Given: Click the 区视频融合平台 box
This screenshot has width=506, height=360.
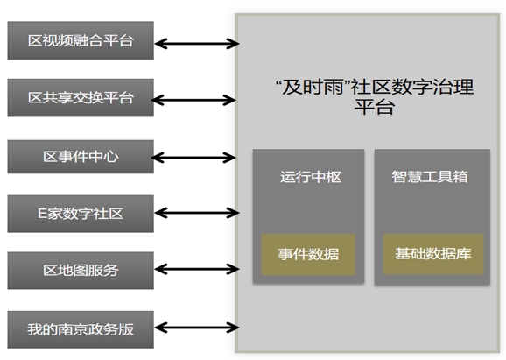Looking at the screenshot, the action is point(81,40).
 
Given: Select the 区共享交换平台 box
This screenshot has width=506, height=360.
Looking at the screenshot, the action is point(81,97).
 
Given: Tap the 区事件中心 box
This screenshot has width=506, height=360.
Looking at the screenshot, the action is point(81,157).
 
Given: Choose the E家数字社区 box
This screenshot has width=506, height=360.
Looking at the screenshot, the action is point(81,214).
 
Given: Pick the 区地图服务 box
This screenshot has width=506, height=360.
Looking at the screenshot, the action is point(81,271).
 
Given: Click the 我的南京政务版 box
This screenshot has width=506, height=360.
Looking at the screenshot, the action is point(81,329).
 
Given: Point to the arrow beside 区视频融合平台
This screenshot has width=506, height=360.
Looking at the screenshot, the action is point(197,43).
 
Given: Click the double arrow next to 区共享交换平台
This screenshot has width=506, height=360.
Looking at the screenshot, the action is point(193,100).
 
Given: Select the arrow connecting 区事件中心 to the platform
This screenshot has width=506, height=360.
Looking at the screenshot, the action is point(193,158).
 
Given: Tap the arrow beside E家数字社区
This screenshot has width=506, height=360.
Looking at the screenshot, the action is point(197,213).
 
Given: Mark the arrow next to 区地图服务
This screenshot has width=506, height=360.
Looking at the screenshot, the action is point(197,269).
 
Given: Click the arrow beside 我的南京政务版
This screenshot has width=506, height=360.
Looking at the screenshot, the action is point(197,328).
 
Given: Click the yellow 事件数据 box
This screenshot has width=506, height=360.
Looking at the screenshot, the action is point(308,254).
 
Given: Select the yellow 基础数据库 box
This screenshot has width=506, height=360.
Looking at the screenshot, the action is point(433,254).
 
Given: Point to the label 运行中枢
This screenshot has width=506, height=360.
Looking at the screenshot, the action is point(311,177).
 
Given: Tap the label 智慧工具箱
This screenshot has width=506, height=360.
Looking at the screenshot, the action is point(430,177).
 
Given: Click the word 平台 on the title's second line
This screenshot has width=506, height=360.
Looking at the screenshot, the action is point(375,107).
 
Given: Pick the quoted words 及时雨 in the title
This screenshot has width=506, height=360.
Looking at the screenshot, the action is point(313,87).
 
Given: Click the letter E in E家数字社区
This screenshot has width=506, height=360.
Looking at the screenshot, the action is point(42,214).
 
